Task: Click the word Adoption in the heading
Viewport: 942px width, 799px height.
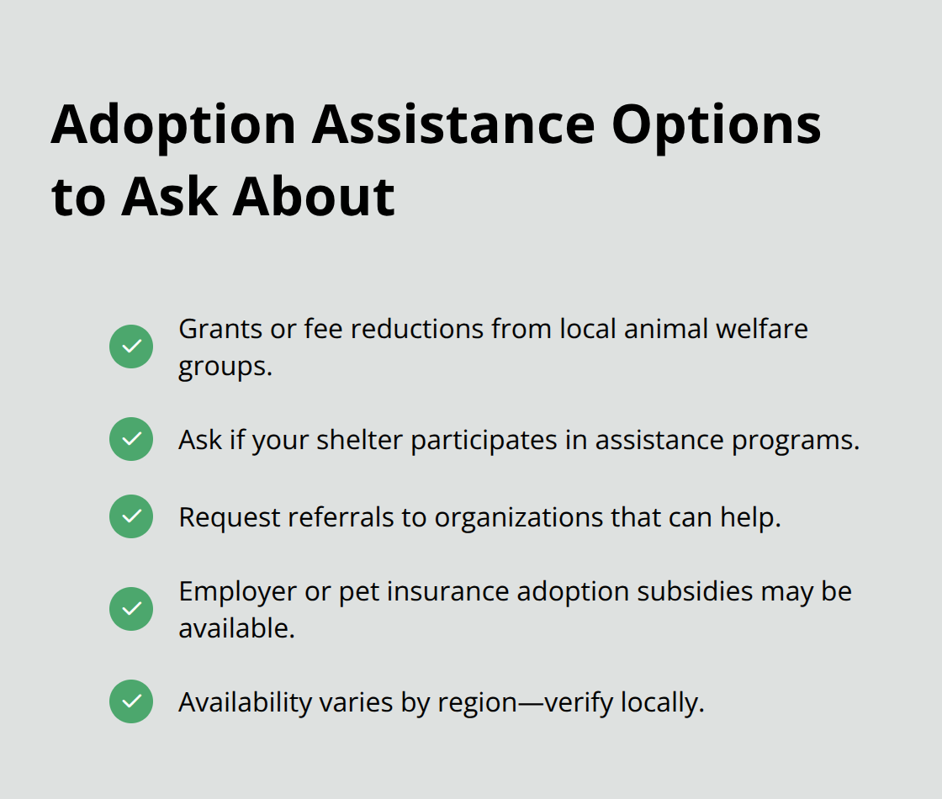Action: click(x=172, y=125)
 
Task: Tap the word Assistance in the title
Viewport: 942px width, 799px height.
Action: click(x=453, y=125)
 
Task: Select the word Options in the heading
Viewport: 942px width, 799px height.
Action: click(x=717, y=125)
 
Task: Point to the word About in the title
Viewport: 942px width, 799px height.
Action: click(x=314, y=197)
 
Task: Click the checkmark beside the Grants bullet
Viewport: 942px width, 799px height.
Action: click(x=131, y=347)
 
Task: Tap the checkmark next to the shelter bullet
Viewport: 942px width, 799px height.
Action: click(x=131, y=439)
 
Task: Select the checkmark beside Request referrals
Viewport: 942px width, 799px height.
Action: click(x=131, y=516)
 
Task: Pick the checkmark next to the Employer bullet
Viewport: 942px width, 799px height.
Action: click(x=131, y=609)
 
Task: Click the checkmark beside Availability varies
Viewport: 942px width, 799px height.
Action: click(x=131, y=701)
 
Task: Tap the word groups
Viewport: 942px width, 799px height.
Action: click(x=225, y=368)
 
